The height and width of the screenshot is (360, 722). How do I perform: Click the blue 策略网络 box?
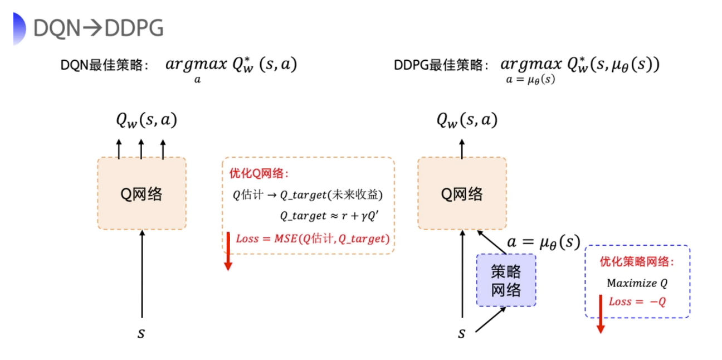[x=506, y=280]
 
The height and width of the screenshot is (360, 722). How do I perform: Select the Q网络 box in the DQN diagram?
[x=142, y=193]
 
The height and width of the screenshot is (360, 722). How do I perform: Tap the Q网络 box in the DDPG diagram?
[x=462, y=193]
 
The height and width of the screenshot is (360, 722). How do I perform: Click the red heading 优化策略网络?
[x=637, y=262]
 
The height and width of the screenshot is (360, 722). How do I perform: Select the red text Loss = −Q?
[x=637, y=301]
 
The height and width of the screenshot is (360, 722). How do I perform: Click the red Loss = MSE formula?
[x=313, y=239]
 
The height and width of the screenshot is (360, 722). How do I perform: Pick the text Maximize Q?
[x=637, y=283]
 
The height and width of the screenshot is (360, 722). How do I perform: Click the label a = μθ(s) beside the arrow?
[x=543, y=242]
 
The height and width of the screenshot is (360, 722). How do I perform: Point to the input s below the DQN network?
[x=142, y=333]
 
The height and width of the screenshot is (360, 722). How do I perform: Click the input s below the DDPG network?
[x=461, y=333]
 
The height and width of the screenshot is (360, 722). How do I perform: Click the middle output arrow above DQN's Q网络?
[x=141, y=149]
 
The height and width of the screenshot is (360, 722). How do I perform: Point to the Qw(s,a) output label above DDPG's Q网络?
[x=466, y=120]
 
